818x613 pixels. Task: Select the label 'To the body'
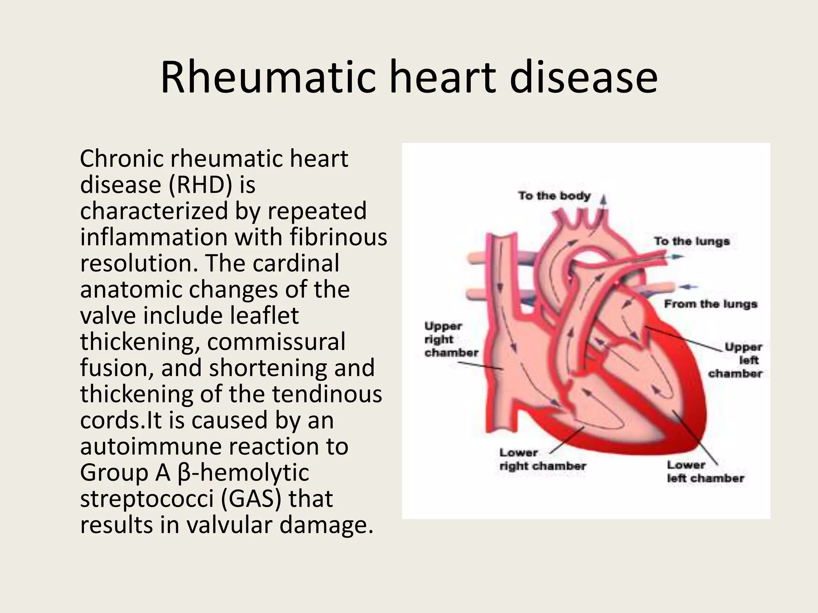point(554,196)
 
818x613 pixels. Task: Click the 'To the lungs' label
point(692,241)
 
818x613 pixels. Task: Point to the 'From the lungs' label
point(711,304)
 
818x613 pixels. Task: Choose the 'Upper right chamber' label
point(451,339)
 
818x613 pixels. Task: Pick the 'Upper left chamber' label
point(736,360)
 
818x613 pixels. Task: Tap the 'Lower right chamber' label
point(542,459)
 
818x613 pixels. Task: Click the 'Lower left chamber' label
point(705,472)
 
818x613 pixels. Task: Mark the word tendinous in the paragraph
point(327,394)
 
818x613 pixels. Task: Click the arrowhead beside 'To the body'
point(604,200)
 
